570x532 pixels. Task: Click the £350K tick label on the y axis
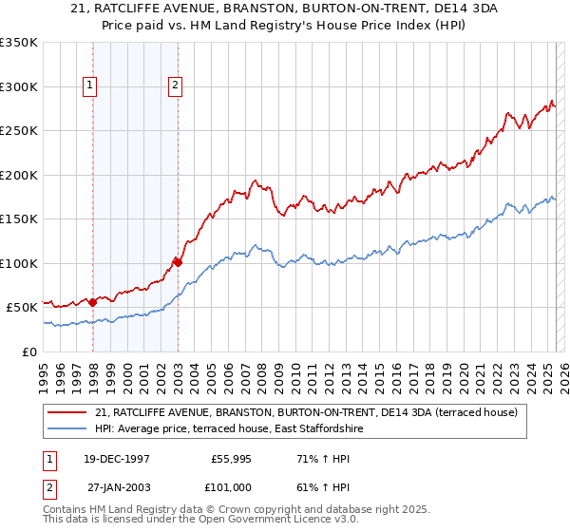[19, 43]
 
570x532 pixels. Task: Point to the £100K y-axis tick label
[19, 263]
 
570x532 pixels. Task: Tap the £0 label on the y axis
[29, 351]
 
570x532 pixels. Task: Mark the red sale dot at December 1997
[93, 302]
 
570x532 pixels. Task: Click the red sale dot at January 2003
[178, 262]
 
